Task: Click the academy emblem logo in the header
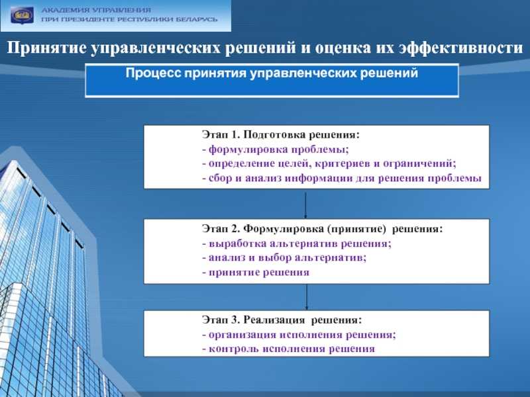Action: coord(23,15)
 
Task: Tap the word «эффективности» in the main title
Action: coord(460,48)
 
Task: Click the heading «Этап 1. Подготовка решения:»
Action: coord(281,135)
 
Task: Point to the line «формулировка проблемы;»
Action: coord(276,150)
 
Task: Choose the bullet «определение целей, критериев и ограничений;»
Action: coord(329,163)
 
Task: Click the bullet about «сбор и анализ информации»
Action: coord(342,178)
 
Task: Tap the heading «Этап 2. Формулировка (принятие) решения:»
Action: coord(322,229)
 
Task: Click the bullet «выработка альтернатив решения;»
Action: coord(297,243)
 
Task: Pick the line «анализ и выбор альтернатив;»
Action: coord(284,257)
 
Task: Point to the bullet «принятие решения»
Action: coord(256,272)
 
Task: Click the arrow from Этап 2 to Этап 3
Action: coord(307,296)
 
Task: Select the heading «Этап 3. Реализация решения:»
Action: coord(282,320)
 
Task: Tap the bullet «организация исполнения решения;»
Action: coord(299,335)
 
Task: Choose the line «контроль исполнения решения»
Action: coord(289,349)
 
